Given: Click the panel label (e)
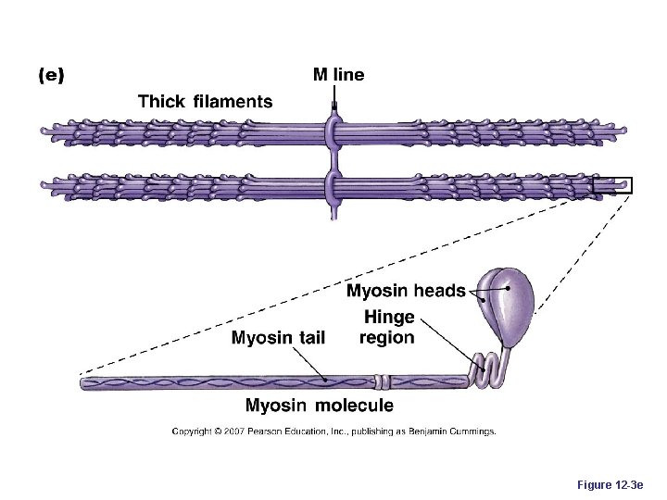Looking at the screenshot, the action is (50, 77).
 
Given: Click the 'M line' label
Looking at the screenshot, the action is (338, 75).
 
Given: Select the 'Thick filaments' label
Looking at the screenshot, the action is (205, 102).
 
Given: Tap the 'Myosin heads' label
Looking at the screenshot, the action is (406, 291).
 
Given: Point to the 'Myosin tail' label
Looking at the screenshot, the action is (278, 337).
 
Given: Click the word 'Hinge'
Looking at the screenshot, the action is (389, 318).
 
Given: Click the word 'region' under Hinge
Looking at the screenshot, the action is (387, 337).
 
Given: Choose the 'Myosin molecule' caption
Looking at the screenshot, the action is (319, 405).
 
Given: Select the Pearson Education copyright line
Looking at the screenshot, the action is (333, 431).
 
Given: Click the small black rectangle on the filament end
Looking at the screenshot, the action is (612, 184).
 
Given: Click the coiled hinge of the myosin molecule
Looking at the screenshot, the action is (487, 369).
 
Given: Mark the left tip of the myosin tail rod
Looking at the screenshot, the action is (84, 381).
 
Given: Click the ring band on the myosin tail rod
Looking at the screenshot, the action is (383, 380).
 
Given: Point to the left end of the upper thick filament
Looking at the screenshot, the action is (45, 132).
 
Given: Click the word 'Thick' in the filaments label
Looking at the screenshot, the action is (162, 102).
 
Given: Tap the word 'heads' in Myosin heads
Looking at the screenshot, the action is (440, 291).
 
